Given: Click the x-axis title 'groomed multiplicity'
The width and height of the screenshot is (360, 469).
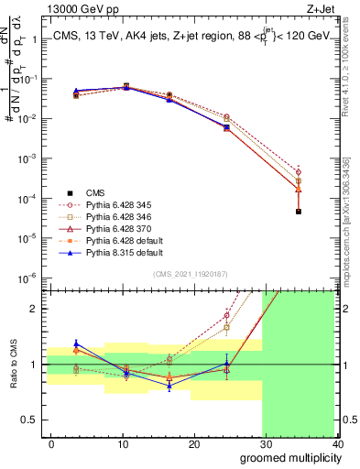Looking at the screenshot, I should pyautogui.click(x=288, y=457).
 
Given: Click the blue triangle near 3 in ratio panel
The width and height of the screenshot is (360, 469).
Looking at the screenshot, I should pyautogui.click(x=76, y=343).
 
